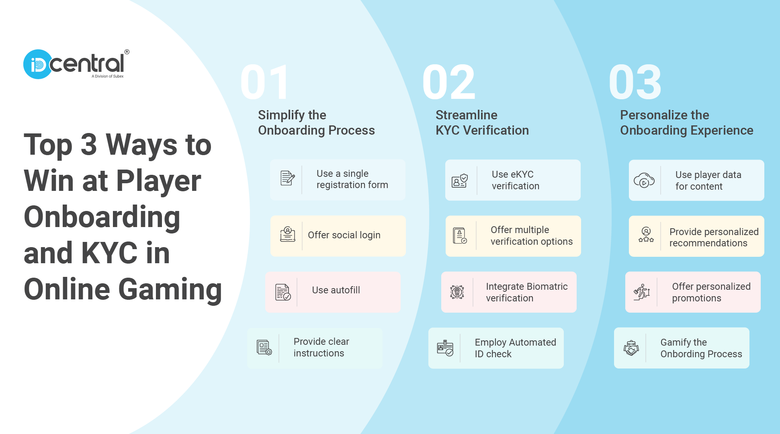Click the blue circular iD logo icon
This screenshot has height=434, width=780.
point(38,64)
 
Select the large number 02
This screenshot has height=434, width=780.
point(449,82)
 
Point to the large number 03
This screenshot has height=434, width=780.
point(635,82)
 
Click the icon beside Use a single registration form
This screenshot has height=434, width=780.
point(287,178)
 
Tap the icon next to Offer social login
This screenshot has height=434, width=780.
point(287,234)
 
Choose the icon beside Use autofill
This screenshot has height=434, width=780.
point(283,292)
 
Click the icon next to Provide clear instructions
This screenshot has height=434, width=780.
point(264,348)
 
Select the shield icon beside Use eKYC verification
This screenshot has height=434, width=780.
point(460,181)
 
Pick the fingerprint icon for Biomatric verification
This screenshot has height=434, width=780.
point(457,292)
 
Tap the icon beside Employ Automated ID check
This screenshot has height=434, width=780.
point(445,348)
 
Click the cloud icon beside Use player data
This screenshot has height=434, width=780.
point(644,181)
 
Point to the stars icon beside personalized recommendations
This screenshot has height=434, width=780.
point(646,235)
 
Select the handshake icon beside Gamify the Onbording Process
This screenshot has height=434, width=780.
point(631,348)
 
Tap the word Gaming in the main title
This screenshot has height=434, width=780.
point(170,289)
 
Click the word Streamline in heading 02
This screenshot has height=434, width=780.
point(466,115)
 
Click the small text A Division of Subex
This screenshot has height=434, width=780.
point(107,76)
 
